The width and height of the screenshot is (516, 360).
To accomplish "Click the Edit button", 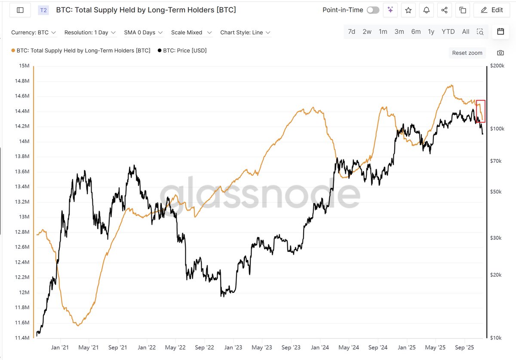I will tap(492, 10).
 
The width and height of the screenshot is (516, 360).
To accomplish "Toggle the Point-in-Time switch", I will tap(373, 10).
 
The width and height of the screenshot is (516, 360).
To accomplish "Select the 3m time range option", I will tap(399, 31).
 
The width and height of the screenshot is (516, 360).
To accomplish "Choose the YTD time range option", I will tap(448, 31).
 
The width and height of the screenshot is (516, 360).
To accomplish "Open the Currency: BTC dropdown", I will tap(34, 32).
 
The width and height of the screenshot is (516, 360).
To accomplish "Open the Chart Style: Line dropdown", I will tap(245, 32).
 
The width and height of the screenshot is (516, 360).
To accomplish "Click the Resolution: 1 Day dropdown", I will tap(90, 32).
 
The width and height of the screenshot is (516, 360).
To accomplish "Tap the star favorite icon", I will tap(408, 10).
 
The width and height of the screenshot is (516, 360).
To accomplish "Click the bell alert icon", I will tap(426, 10).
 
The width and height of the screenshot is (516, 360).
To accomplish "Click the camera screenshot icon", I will tap(500, 53).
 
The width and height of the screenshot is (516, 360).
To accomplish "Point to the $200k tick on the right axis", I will tap(498, 66).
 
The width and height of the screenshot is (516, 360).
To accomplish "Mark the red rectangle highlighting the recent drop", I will tap(481, 111).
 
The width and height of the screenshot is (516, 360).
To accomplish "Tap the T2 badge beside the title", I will tap(43, 10).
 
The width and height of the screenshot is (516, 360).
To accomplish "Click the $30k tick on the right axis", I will tap(496, 238).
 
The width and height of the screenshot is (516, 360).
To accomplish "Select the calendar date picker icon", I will tap(500, 31).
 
